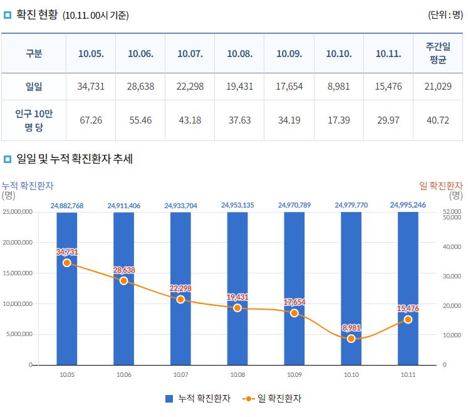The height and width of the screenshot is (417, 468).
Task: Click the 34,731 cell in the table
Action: pos(91,87)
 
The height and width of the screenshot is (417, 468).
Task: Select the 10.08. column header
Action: pos(239,54)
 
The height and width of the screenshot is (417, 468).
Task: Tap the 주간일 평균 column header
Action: pos(438,54)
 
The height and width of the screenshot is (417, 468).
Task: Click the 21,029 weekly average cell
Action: pos(438,87)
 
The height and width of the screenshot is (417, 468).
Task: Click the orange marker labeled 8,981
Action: pos(351,339)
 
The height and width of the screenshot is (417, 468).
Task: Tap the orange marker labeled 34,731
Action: pos(67,263)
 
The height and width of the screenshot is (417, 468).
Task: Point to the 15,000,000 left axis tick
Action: pos(18,273)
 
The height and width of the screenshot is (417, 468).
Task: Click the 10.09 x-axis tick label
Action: pos(294,374)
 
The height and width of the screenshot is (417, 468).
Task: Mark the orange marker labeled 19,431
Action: pos(237,308)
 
